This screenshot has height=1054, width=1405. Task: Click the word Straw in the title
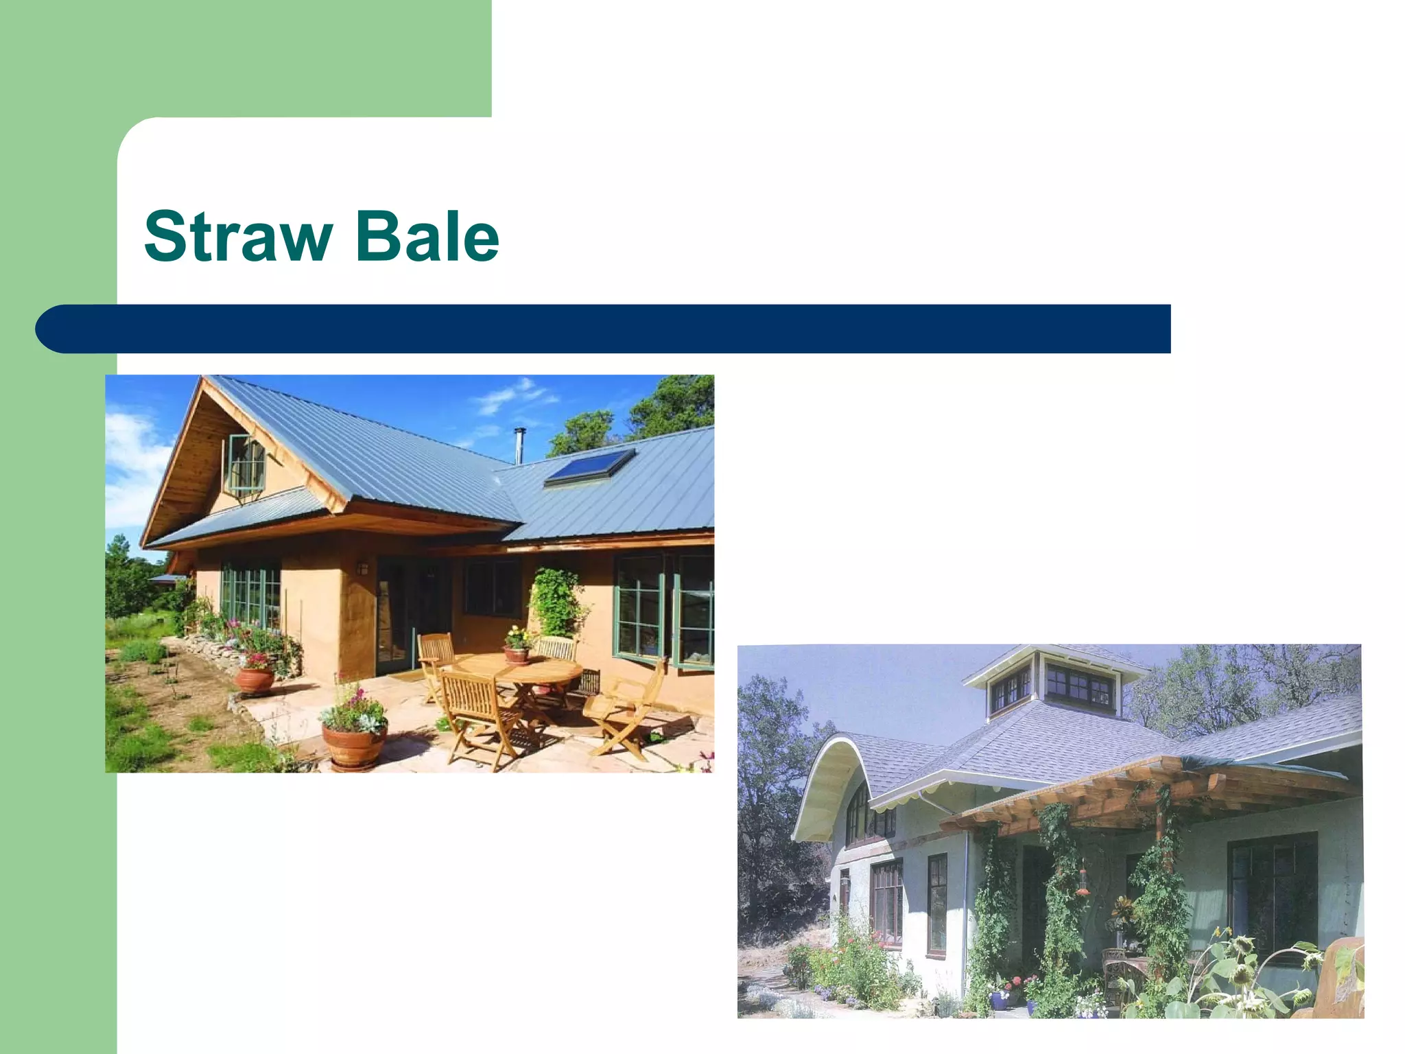pyautogui.click(x=237, y=237)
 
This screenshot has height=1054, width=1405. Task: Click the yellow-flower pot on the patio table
pyautogui.click(x=517, y=645)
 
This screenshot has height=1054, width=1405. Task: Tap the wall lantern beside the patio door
pyautogui.click(x=363, y=567)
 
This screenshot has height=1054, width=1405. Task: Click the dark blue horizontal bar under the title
pyautogui.click(x=604, y=329)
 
